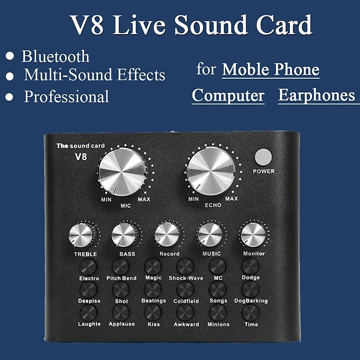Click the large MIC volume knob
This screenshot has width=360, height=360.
click(122, 172)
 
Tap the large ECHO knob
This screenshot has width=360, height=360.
click(211, 171)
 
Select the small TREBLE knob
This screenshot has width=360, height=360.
click(81, 235)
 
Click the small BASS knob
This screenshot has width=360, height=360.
click(123, 235)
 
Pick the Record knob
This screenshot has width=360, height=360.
click(167, 235)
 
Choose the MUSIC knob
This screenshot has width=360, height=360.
click(210, 235)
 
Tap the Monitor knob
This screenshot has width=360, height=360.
click(253, 235)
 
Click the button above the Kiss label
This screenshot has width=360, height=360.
click(153, 312)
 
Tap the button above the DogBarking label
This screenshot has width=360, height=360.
click(250, 289)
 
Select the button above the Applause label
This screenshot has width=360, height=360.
click(121, 312)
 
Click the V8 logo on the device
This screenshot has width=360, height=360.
click(81, 157)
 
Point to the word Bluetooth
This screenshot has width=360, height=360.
click(56, 56)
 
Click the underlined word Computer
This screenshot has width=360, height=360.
click(228, 96)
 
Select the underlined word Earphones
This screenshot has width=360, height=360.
click(317, 95)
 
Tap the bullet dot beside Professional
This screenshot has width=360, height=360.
click(9, 97)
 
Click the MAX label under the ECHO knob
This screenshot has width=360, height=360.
click(231, 198)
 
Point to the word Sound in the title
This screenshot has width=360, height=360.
click(211, 25)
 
